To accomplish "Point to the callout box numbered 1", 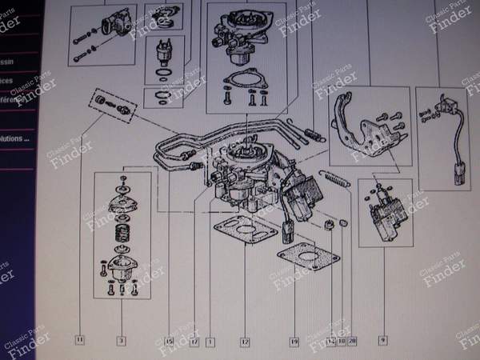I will [x=210, y=342].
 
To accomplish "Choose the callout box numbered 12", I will [x=245, y=342].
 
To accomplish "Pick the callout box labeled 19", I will [x=294, y=342].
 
